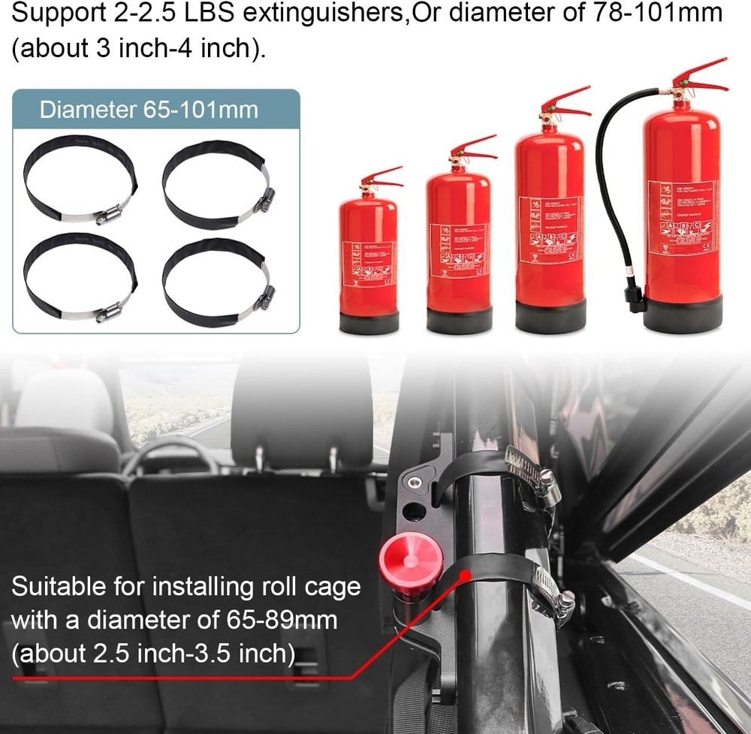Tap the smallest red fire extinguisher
coord(369,255)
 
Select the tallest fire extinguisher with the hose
coord(680,210)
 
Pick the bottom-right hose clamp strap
coord(216,282)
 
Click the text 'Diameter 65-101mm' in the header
coord(149,110)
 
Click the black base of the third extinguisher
coord(550,316)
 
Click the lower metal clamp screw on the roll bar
coord(563,601)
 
